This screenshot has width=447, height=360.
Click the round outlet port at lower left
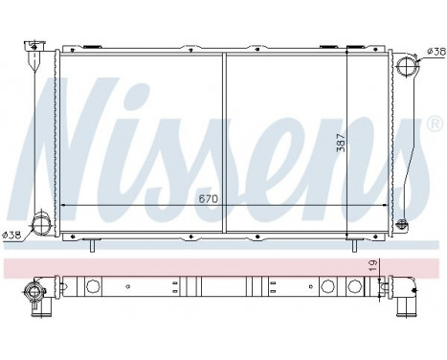tap(41, 227)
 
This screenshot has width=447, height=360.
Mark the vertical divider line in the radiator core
tap(225, 144)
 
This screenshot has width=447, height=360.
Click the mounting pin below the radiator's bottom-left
tap(93, 246)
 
